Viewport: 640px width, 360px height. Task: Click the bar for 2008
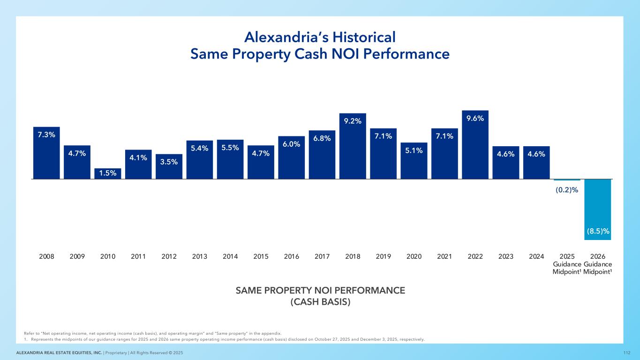coord(46,153)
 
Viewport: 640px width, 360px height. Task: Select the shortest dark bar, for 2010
coord(107,173)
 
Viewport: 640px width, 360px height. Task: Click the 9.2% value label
coord(353,121)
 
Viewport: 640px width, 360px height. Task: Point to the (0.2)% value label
coord(567,190)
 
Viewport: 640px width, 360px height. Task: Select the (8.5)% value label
coord(597,231)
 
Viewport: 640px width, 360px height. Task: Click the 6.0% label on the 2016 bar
coord(291,144)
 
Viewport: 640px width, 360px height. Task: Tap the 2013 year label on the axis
coord(199,256)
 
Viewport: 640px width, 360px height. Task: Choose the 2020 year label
coord(414,256)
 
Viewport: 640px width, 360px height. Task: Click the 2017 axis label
coord(322,256)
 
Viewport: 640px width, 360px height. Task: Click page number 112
coord(627,352)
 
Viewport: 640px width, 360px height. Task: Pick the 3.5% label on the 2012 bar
coord(169,162)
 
